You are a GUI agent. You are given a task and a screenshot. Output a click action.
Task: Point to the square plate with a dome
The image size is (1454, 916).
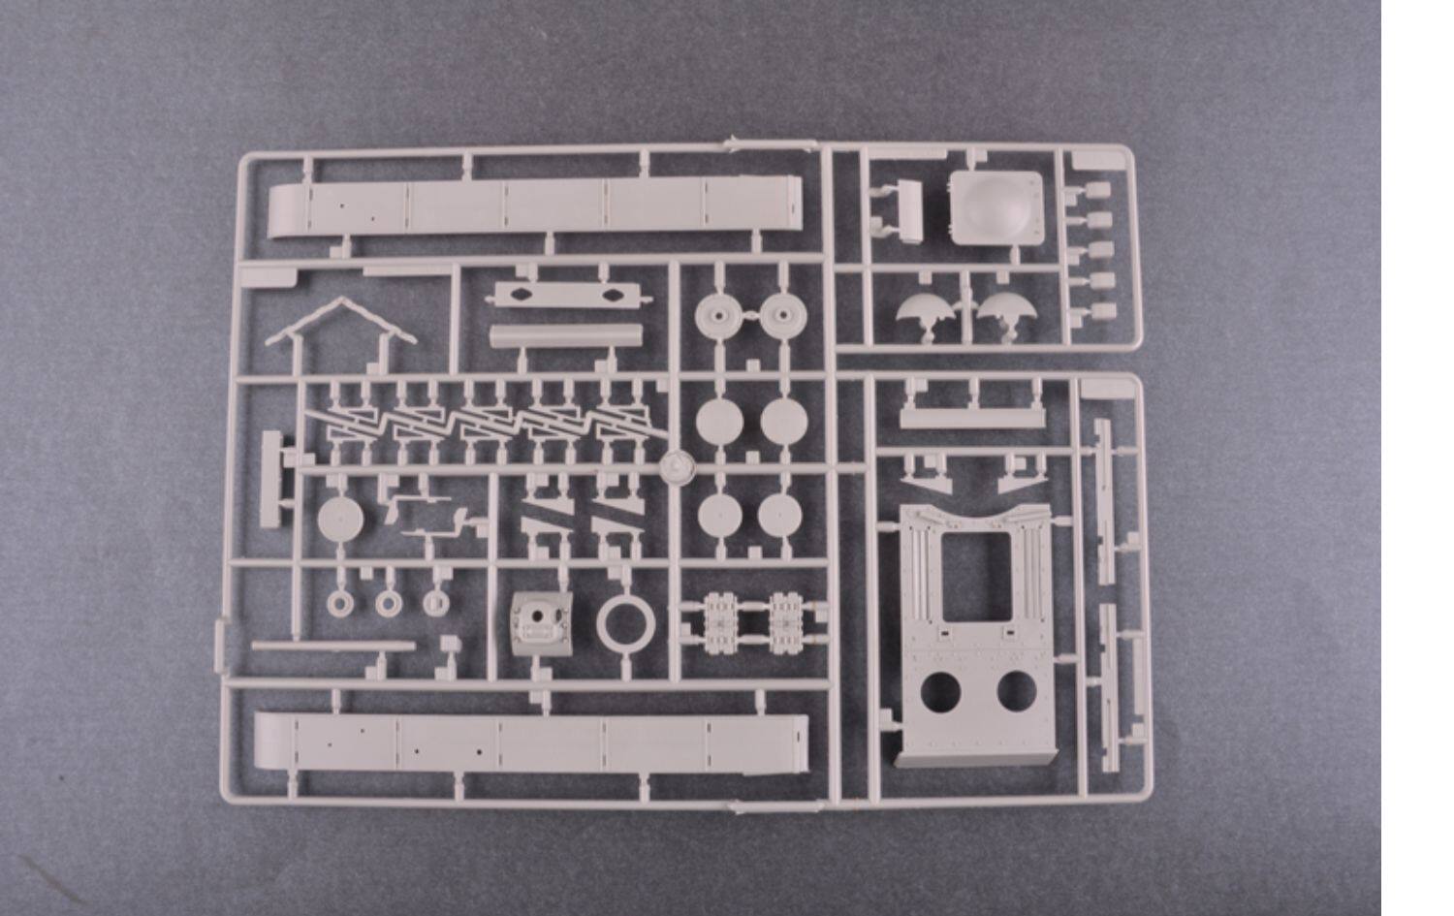click(996, 205)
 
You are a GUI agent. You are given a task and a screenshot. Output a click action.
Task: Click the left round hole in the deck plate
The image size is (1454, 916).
click(940, 690)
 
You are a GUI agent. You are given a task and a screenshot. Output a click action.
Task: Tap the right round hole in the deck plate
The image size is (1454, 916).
click(1015, 690)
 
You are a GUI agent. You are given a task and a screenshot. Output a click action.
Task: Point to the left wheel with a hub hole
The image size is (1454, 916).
click(716, 313)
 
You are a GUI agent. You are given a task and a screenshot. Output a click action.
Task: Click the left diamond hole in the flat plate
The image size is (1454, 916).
click(521, 295)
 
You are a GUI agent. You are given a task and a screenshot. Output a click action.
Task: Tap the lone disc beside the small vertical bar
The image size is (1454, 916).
click(340, 518)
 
